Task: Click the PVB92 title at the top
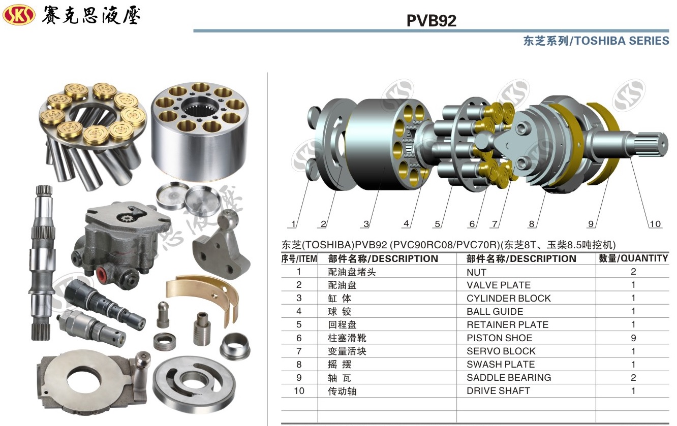[x=432, y=20]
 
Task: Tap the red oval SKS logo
[x=19, y=15]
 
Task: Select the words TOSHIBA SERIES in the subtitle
[x=622, y=41]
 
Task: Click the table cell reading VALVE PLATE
[x=499, y=285]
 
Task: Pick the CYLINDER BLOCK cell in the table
[x=509, y=298]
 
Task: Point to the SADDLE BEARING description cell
[x=509, y=378]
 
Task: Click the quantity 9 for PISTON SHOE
[x=633, y=338]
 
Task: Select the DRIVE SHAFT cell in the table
[x=499, y=391]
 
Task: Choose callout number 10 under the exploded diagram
[x=655, y=224]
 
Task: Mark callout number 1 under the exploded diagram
[x=293, y=224]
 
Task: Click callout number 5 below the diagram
[x=437, y=224]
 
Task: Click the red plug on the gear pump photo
[x=102, y=273]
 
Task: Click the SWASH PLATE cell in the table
[x=501, y=365]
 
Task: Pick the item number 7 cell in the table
[x=299, y=351]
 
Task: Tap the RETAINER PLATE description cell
[x=507, y=325]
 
